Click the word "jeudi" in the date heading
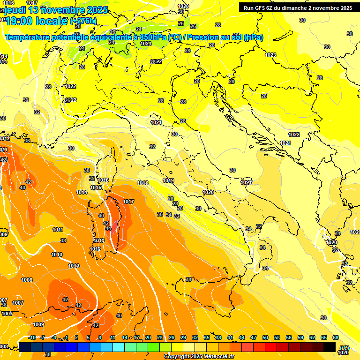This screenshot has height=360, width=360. [15, 10]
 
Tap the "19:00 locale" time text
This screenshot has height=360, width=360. [36, 21]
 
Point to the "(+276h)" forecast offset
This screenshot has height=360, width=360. [83, 21]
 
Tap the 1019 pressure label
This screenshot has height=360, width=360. [168, 180]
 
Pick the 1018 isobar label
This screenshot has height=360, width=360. [142, 183]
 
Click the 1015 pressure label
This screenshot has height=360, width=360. [96, 187]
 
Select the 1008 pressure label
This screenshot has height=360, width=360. [27, 280]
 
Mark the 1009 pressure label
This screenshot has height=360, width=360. [38, 324]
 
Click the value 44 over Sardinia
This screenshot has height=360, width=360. [108, 228]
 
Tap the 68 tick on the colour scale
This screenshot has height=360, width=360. [336, 337]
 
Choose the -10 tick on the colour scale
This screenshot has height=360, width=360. [32, 337]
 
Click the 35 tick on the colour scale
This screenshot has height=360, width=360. [207, 337]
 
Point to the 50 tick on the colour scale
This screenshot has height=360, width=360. [265, 337]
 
